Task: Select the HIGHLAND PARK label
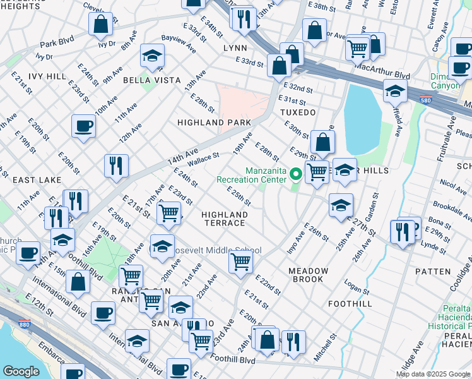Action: (x=214, y=122)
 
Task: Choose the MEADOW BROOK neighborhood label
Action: (x=309, y=275)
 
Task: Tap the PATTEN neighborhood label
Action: (x=433, y=271)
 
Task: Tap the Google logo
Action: (x=21, y=371)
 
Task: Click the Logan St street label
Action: (x=357, y=285)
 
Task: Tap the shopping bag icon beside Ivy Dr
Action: (x=100, y=25)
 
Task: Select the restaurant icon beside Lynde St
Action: (x=402, y=231)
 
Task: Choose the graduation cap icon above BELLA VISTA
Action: (x=152, y=57)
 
